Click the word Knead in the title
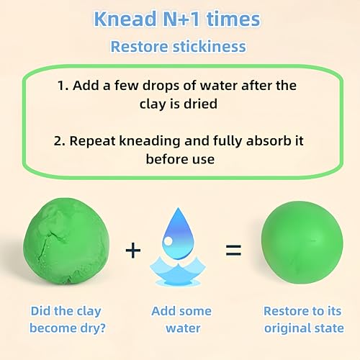point(125,19)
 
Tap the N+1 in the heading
point(181,19)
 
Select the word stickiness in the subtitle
point(210,46)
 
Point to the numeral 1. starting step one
point(63,86)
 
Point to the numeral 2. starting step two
point(59,141)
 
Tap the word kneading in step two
point(150,141)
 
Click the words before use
point(180,159)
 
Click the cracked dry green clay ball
point(66,241)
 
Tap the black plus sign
point(133,251)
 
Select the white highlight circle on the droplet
point(168,241)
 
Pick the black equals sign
point(233,251)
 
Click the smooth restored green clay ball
point(302,242)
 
